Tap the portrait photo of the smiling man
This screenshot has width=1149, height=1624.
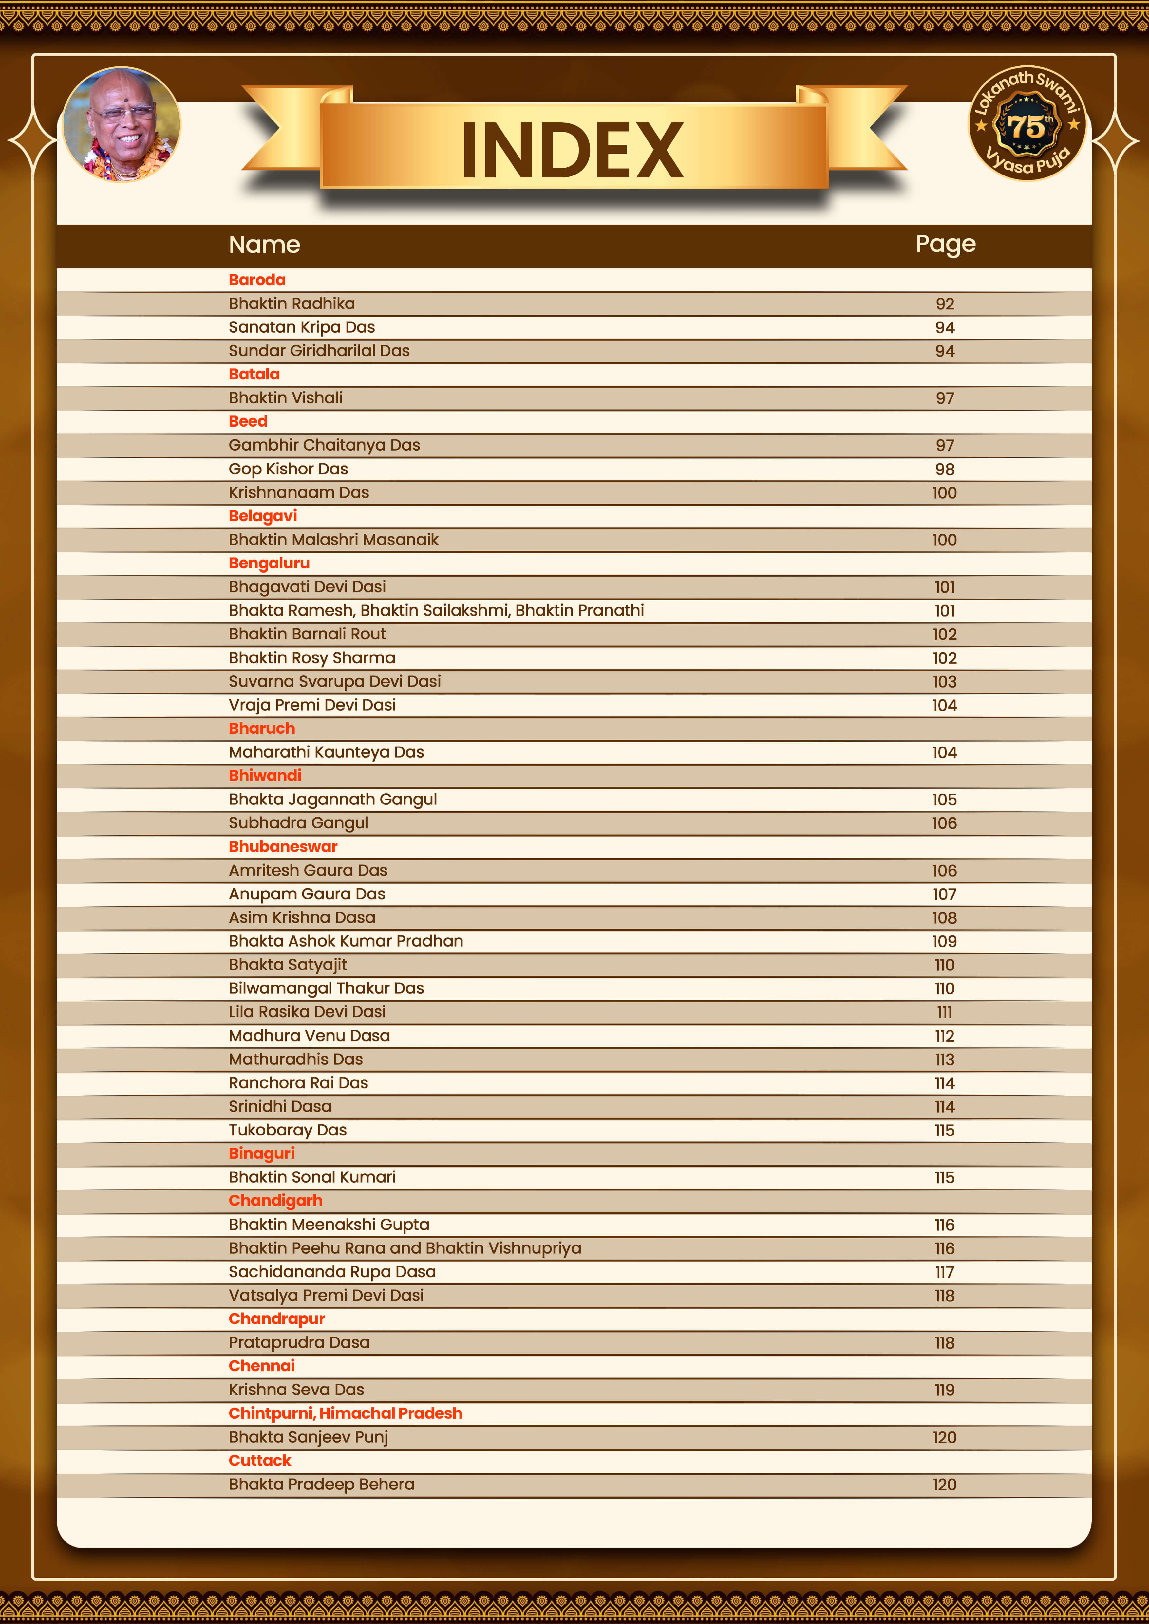(x=122, y=124)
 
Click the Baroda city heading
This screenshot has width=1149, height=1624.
(x=257, y=280)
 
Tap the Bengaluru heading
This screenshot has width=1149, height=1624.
(x=269, y=564)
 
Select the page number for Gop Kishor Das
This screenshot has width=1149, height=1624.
(x=945, y=470)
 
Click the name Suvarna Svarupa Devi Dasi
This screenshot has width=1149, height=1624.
(x=335, y=682)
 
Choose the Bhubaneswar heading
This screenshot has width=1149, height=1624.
(x=283, y=847)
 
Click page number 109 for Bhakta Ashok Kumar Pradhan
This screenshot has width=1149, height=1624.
(x=945, y=941)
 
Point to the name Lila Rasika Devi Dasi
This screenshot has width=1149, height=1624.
(x=307, y=1012)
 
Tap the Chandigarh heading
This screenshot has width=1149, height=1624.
(x=275, y=1201)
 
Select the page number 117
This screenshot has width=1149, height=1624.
(x=945, y=1272)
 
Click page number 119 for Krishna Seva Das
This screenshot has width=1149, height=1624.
(x=945, y=1391)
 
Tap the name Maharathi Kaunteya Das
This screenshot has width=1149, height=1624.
(x=326, y=753)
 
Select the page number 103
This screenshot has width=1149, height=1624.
(x=945, y=682)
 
